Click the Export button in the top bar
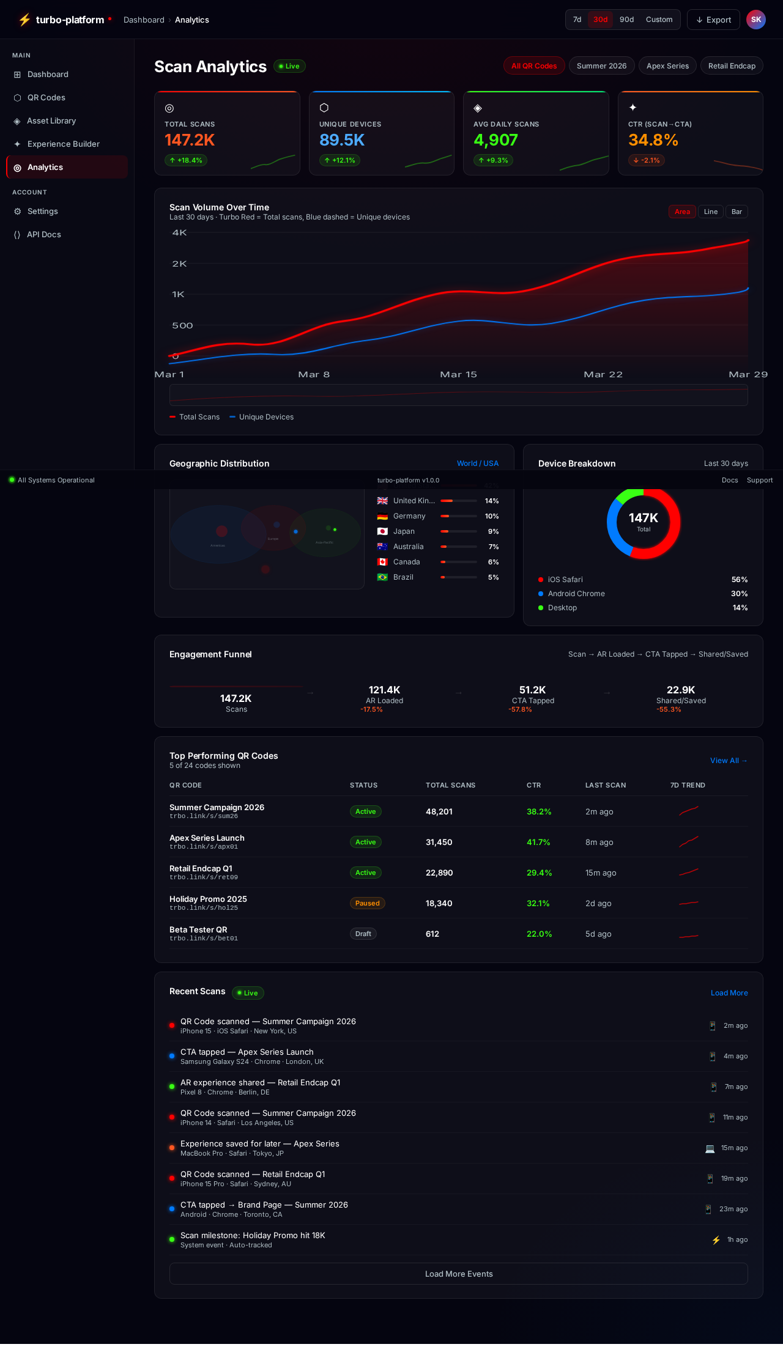point(713,20)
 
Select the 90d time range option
point(626,20)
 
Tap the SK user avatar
point(756,20)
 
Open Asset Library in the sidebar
point(51,121)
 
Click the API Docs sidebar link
point(43,235)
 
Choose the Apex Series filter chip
point(667,66)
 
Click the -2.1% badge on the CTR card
point(647,160)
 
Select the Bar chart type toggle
point(737,212)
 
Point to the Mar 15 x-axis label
point(458,374)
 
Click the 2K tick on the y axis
point(179,264)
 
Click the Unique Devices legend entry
point(262,417)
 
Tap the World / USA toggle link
point(477,463)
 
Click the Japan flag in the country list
point(382,531)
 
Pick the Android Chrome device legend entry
point(576,594)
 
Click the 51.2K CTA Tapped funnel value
point(532,690)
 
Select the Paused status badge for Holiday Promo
point(367,903)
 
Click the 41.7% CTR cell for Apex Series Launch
point(538,842)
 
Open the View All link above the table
point(728,761)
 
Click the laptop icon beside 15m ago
point(710,1148)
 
